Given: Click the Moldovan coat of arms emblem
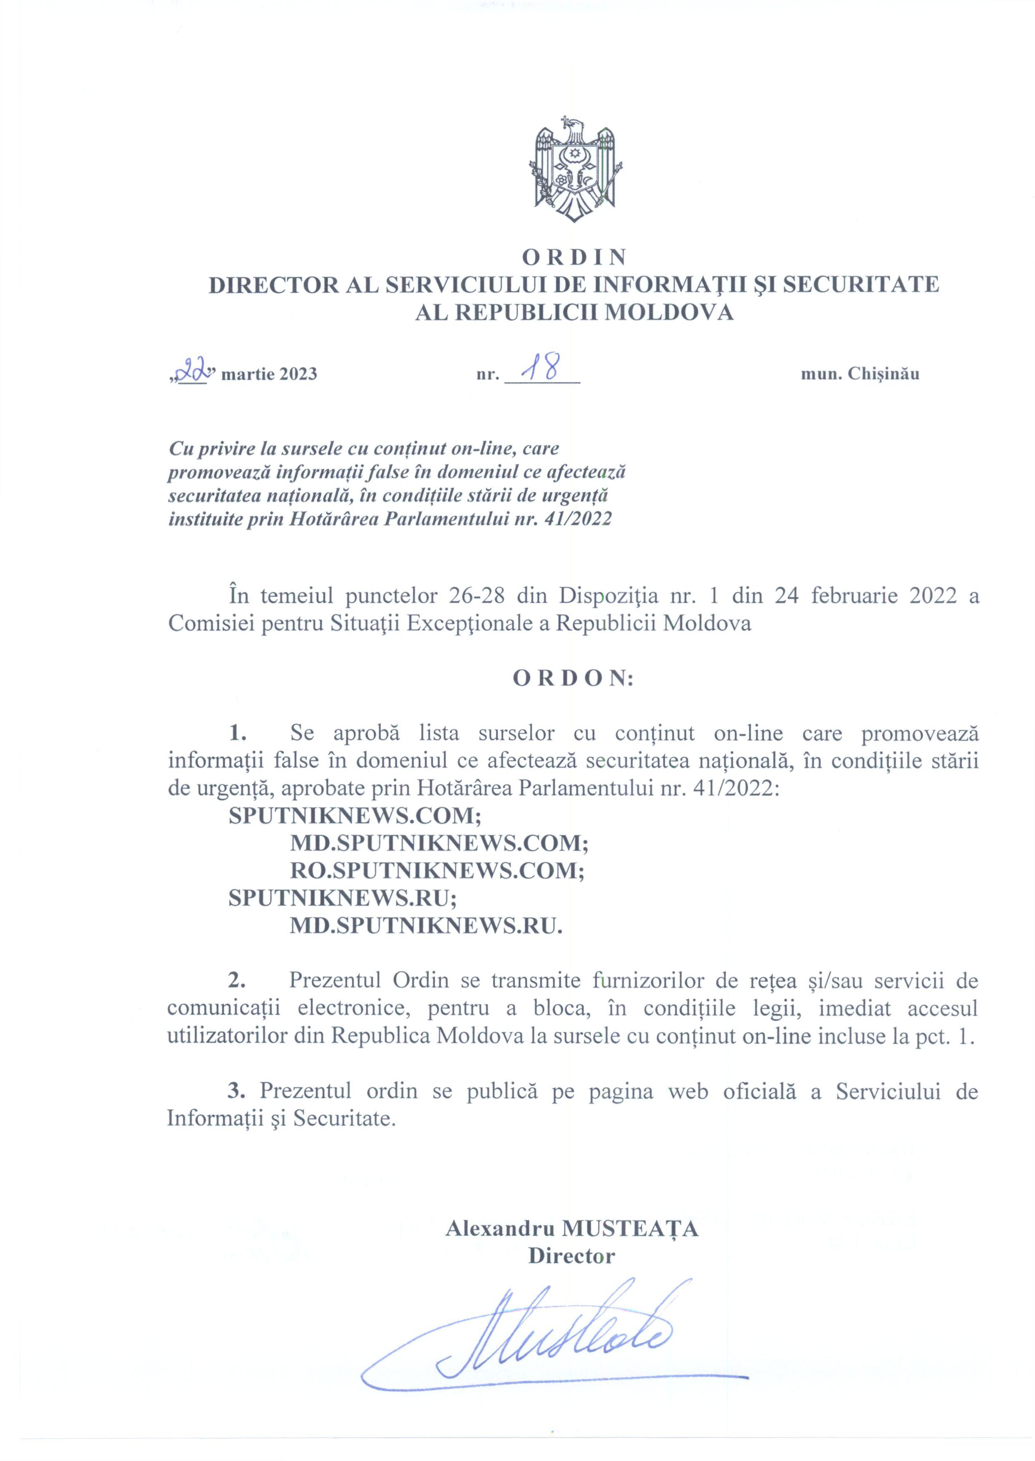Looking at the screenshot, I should (x=576, y=169).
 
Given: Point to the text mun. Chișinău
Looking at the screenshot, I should (x=860, y=374).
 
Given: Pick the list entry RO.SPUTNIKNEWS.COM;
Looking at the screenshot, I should (x=437, y=871).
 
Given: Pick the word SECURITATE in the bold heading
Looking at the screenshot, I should (x=860, y=284).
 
